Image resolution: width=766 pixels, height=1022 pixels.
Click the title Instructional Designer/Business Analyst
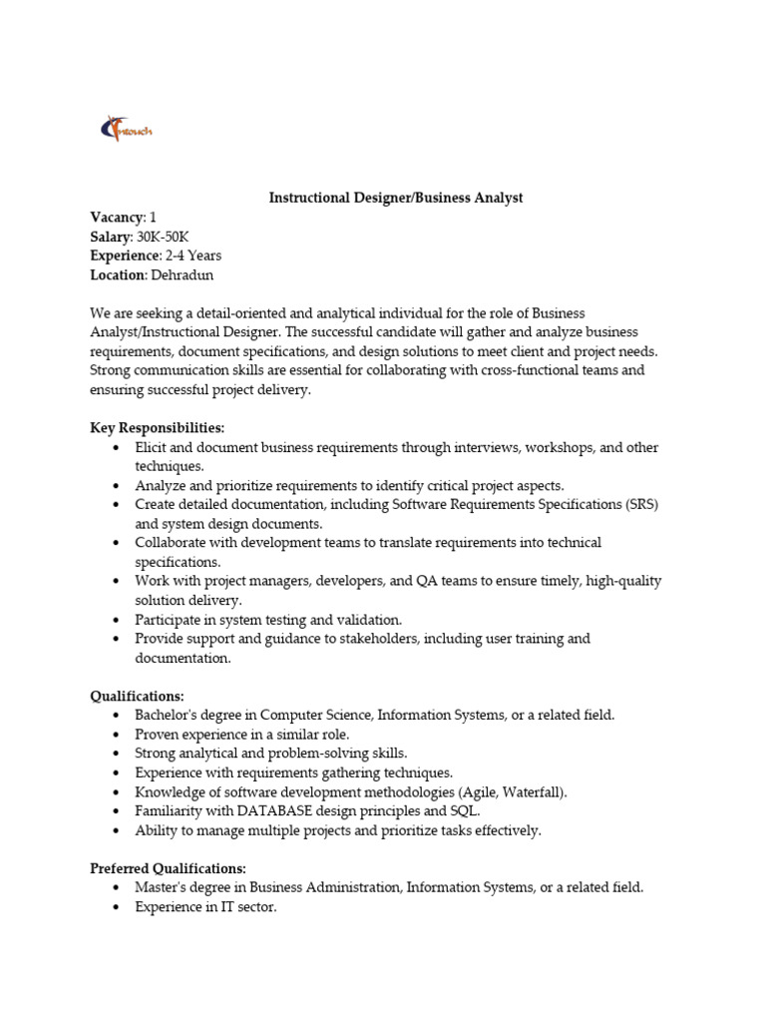coord(396,198)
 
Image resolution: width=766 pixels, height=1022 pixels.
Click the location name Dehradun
coord(183,274)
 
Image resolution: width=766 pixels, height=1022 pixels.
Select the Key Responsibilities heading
coord(158,427)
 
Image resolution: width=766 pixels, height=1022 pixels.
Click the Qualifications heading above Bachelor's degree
coord(138,695)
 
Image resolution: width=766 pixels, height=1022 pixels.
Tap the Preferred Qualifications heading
coord(169,867)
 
